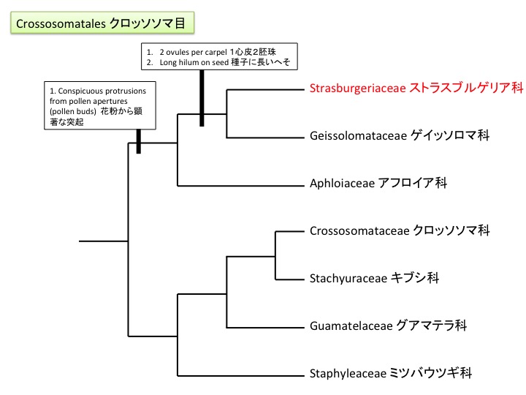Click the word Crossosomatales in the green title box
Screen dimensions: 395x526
[x=61, y=23]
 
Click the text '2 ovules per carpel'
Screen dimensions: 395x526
[x=185, y=53]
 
